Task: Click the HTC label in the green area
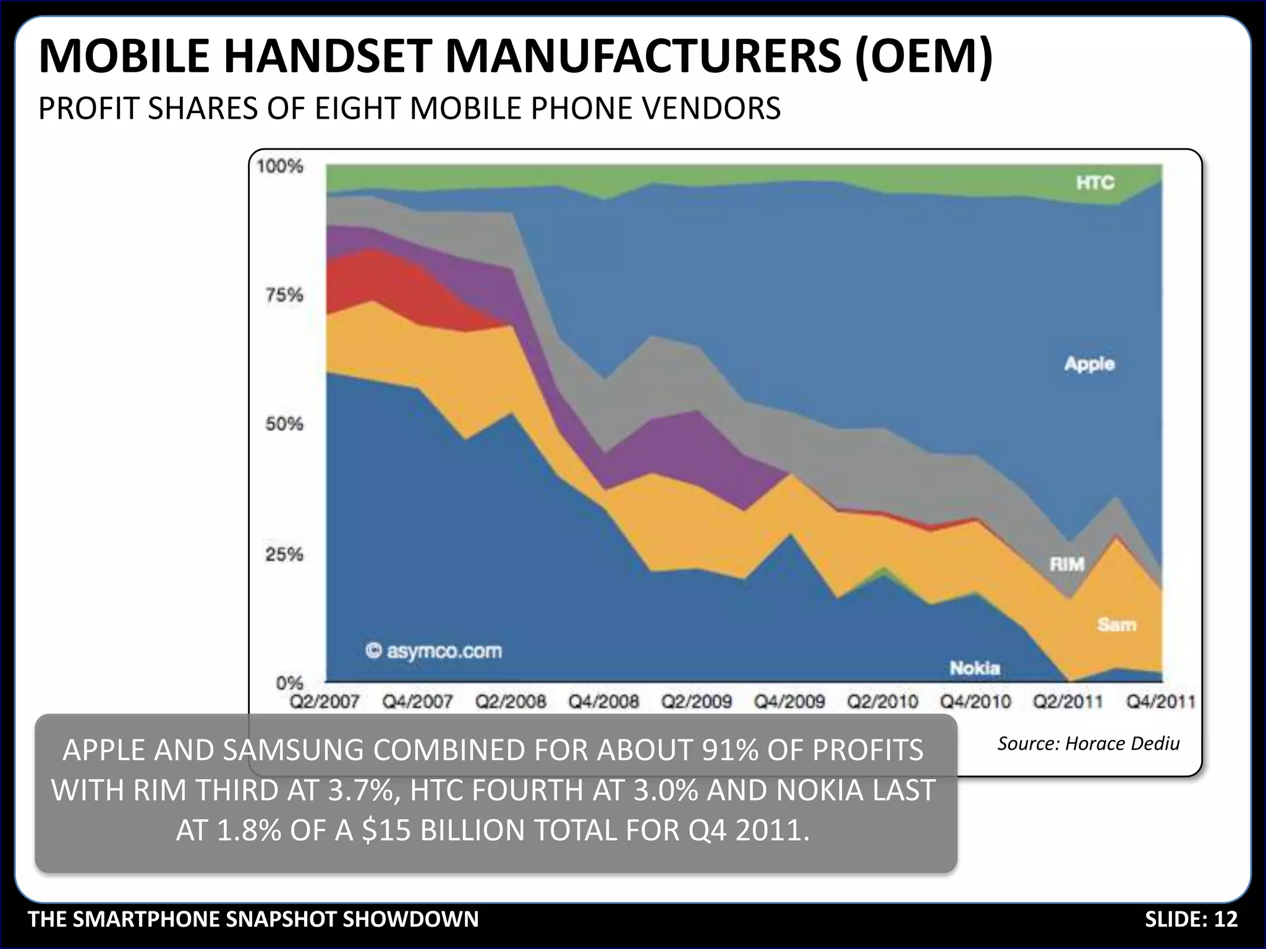pyautogui.click(x=1095, y=183)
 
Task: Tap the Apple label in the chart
pyautogui.click(x=1089, y=364)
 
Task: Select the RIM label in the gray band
pyautogui.click(x=1067, y=564)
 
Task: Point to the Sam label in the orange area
pyautogui.click(x=1116, y=625)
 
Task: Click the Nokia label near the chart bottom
pyautogui.click(x=975, y=668)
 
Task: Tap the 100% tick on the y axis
pyautogui.click(x=280, y=166)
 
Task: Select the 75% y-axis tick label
pyautogui.click(x=284, y=295)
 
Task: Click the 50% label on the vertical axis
pyautogui.click(x=284, y=424)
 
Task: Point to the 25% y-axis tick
pyautogui.click(x=284, y=554)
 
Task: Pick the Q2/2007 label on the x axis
pyautogui.click(x=325, y=702)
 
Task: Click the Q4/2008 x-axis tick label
pyautogui.click(x=603, y=702)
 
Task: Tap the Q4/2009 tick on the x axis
pyautogui.click(x=789, y=702)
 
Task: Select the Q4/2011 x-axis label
pyautogui.click(x=1160, y=702)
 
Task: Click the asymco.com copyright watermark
pyautogui.click(x=434, y=651)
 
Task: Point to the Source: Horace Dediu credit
pyautogui.click(x=1088, y=743)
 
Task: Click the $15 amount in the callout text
pyautogui.click(x=386, y=830)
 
